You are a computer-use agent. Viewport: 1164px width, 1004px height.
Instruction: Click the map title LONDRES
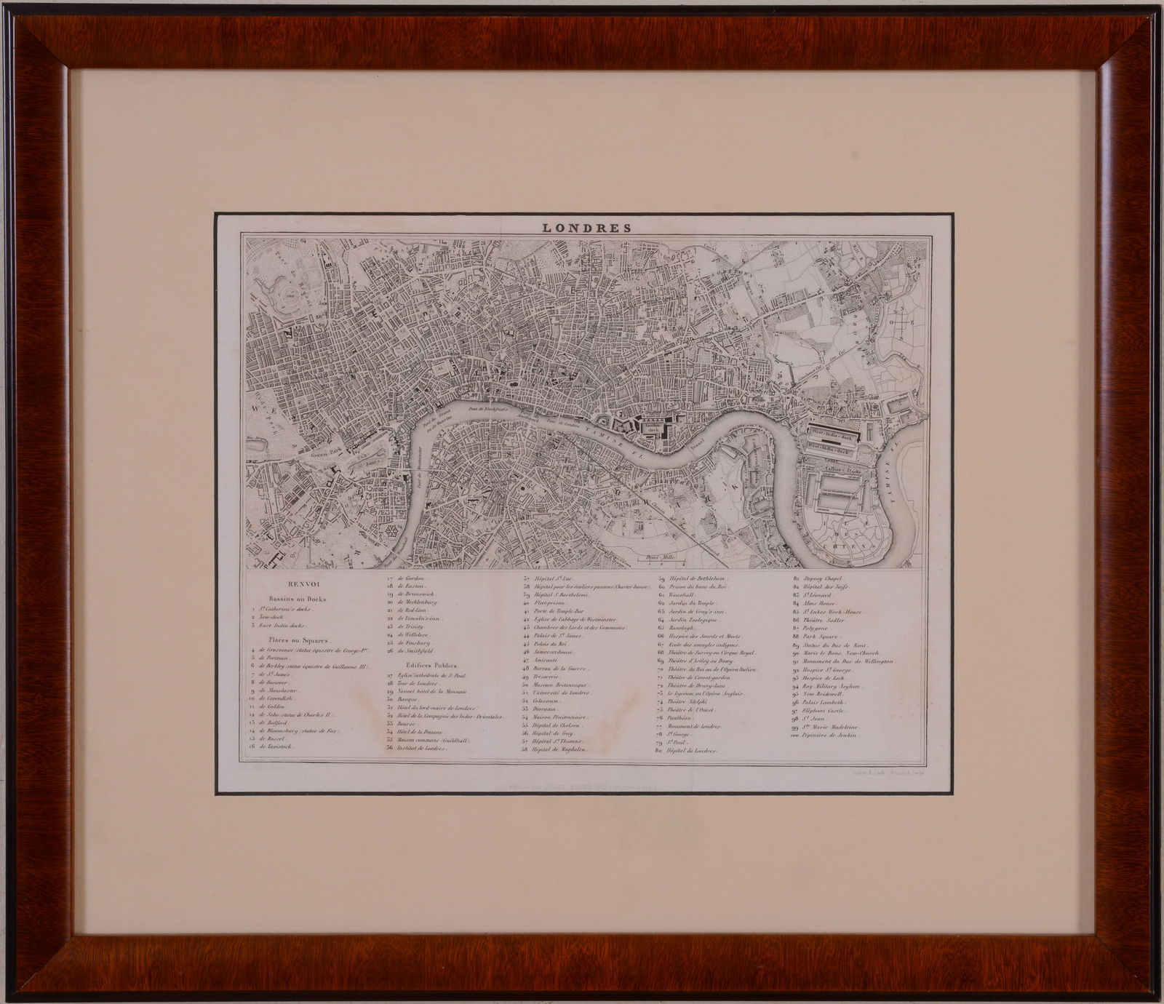click(586, 226)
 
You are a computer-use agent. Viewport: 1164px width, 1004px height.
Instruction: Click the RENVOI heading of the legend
click(300, 583)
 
